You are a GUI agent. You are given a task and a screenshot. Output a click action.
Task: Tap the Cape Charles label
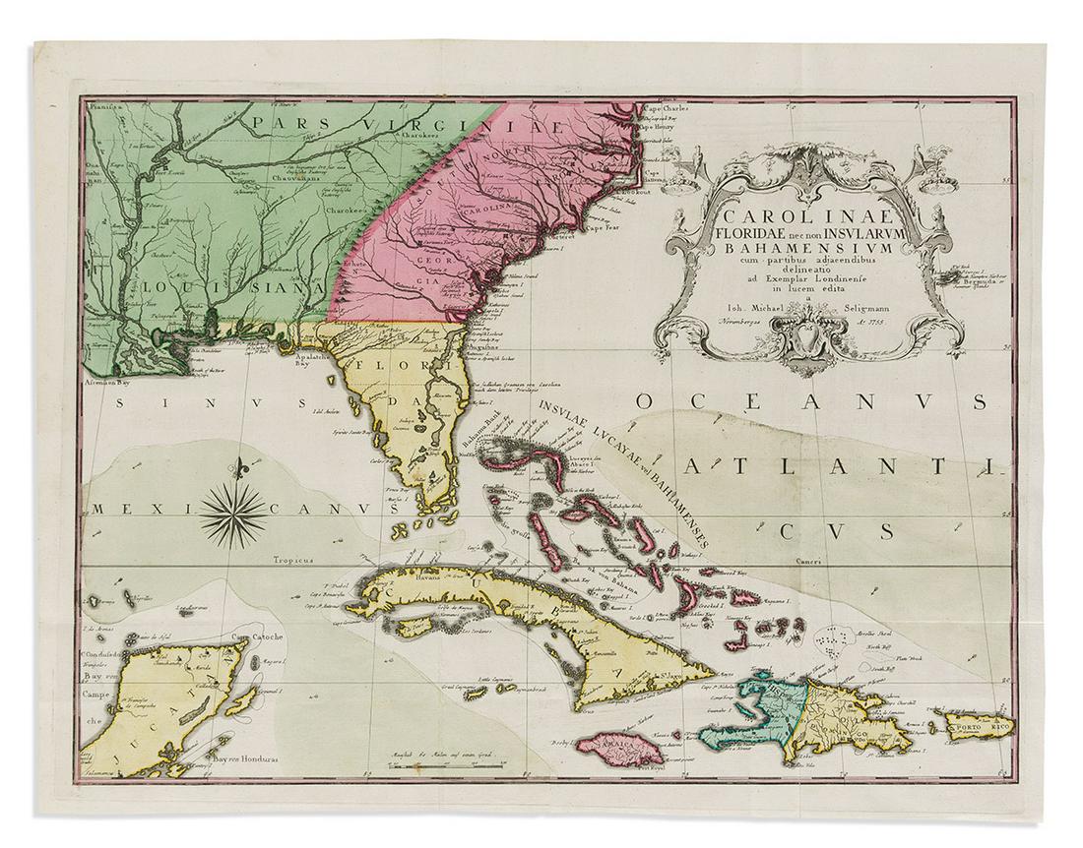666,109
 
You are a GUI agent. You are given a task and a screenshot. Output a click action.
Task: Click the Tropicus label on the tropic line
292,560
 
